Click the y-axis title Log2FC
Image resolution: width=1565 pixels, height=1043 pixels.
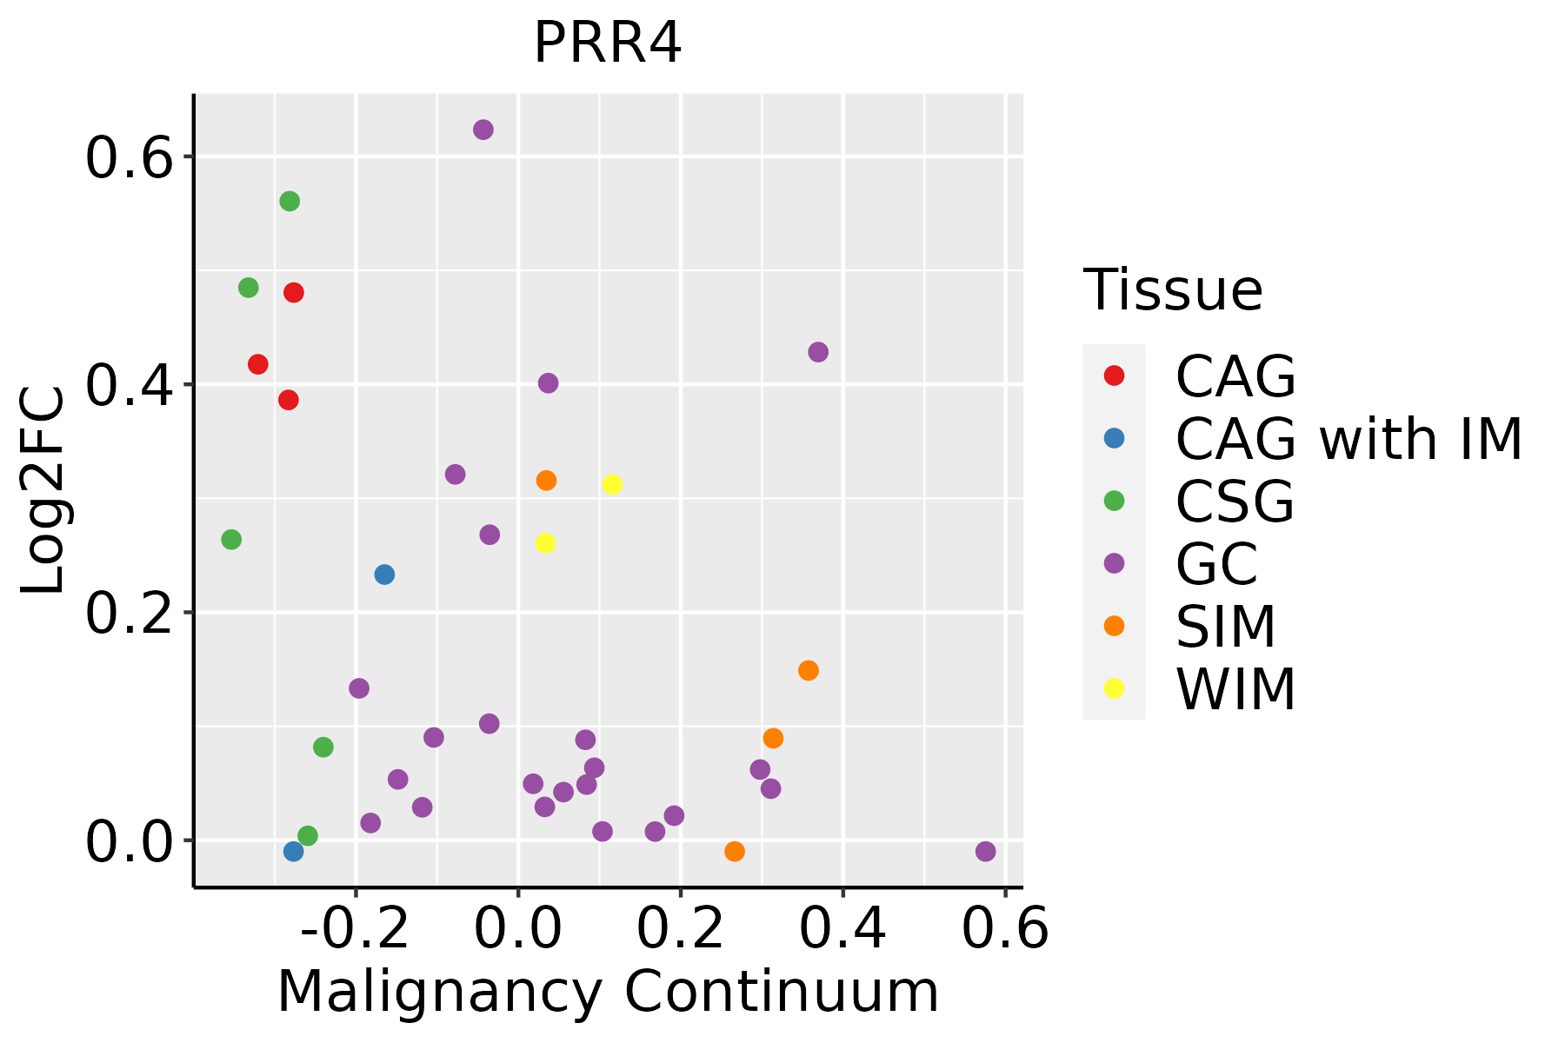[43, 491]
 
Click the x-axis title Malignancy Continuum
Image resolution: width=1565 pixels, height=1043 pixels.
[608, 992]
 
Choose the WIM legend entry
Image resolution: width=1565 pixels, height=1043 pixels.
[1235, 689]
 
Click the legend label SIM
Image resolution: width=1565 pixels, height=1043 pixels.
[1226, 627]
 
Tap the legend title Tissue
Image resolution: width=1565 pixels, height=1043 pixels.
[1173, 290]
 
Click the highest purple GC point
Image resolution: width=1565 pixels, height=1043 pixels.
[483, 130]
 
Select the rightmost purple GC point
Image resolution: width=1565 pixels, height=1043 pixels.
[985, 851]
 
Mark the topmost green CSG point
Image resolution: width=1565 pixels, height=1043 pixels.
[290, 202]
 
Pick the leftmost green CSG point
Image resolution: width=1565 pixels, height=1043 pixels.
[230, 540]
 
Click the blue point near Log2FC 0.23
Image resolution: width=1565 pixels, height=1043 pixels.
[384, 575]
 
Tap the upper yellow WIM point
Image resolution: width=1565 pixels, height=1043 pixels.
[612, 484]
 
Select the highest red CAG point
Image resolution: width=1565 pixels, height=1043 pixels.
[294, 293]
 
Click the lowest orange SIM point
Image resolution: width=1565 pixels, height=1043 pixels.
[735, 851]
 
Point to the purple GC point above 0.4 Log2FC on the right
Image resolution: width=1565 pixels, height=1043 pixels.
[818, 352]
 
